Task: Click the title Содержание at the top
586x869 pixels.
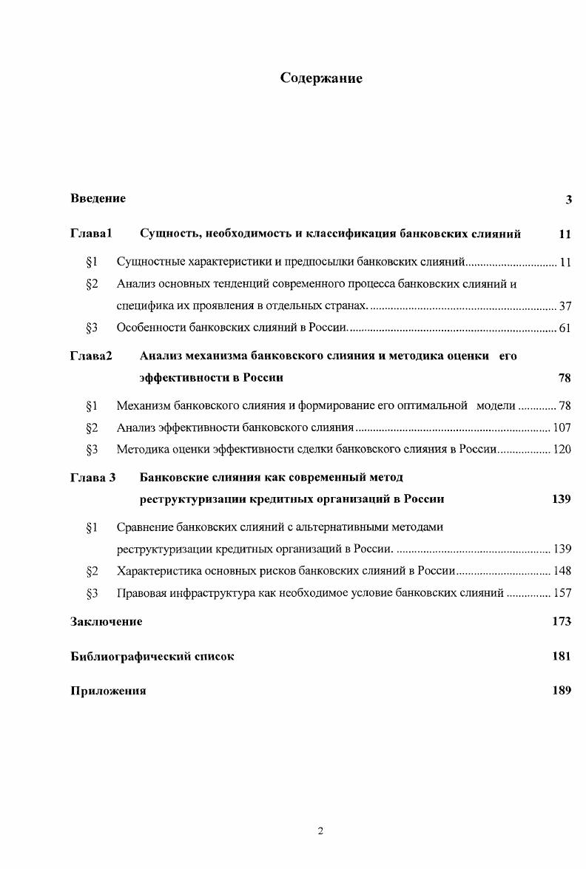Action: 321,78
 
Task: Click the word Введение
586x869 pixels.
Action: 98,198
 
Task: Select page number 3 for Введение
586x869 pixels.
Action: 568,199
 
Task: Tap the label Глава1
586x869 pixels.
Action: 91,234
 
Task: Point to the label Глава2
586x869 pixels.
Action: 91,356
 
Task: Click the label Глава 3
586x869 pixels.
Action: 93,477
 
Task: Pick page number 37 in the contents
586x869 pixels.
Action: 565,306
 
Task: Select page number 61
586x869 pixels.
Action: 565,328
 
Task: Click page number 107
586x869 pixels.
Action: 562,427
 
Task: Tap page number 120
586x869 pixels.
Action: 562,449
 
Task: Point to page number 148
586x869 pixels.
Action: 562,571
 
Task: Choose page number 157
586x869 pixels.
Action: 562,592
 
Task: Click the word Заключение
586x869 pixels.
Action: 107,621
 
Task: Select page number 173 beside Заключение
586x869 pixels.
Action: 562,621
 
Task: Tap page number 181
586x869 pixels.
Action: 562,656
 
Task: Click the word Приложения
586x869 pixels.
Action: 108,691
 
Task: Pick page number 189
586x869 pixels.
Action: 562,691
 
